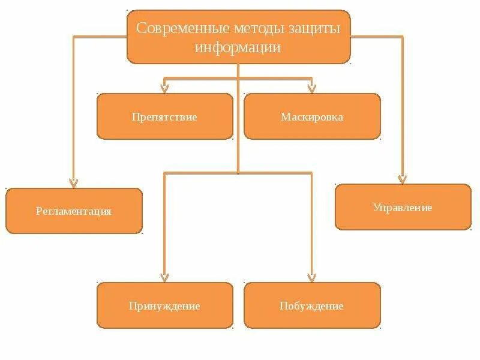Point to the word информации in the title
click(x=238, y=47)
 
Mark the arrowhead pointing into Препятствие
click(x=165, y=88)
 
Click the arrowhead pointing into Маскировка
click(x=311, y=88)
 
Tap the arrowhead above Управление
click(x=403, y=178)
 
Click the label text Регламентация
click(x=74, y=211)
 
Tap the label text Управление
click(x=403, y=208)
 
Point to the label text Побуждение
click(x=311, y=306)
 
